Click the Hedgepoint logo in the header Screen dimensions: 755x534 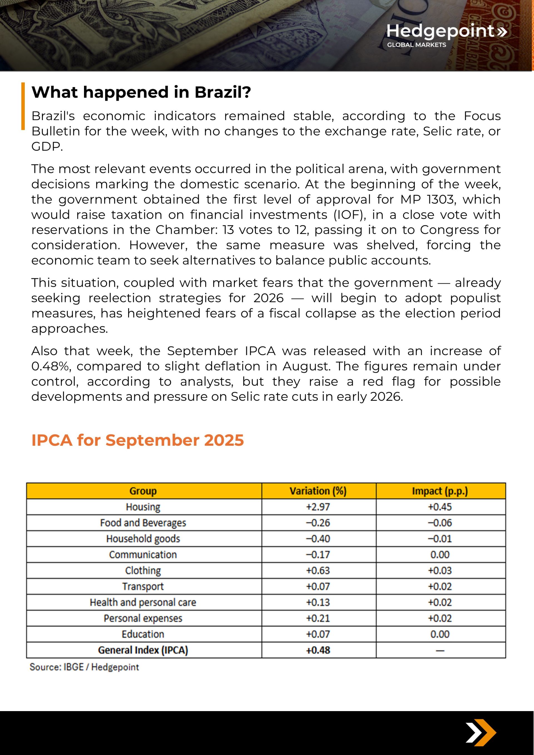446,34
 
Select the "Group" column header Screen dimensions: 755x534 143,491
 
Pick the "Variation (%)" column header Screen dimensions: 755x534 318,491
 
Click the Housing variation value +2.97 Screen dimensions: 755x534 318,507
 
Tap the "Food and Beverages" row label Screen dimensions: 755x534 143,523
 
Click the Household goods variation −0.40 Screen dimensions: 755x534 318,539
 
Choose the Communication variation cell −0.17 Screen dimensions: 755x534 318,555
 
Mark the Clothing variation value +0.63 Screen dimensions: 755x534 318,570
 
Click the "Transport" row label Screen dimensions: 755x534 143,586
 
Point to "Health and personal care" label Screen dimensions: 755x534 143,602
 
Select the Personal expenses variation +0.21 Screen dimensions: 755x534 318,618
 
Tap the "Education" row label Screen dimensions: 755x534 143,634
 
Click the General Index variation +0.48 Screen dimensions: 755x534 318,650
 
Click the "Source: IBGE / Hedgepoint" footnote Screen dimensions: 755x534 84,667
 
